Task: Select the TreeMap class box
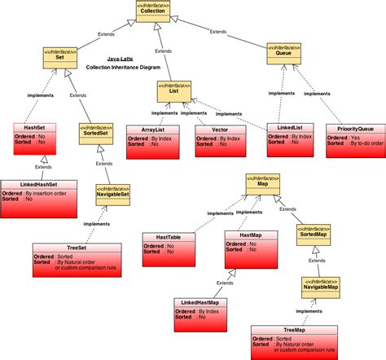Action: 294,341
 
